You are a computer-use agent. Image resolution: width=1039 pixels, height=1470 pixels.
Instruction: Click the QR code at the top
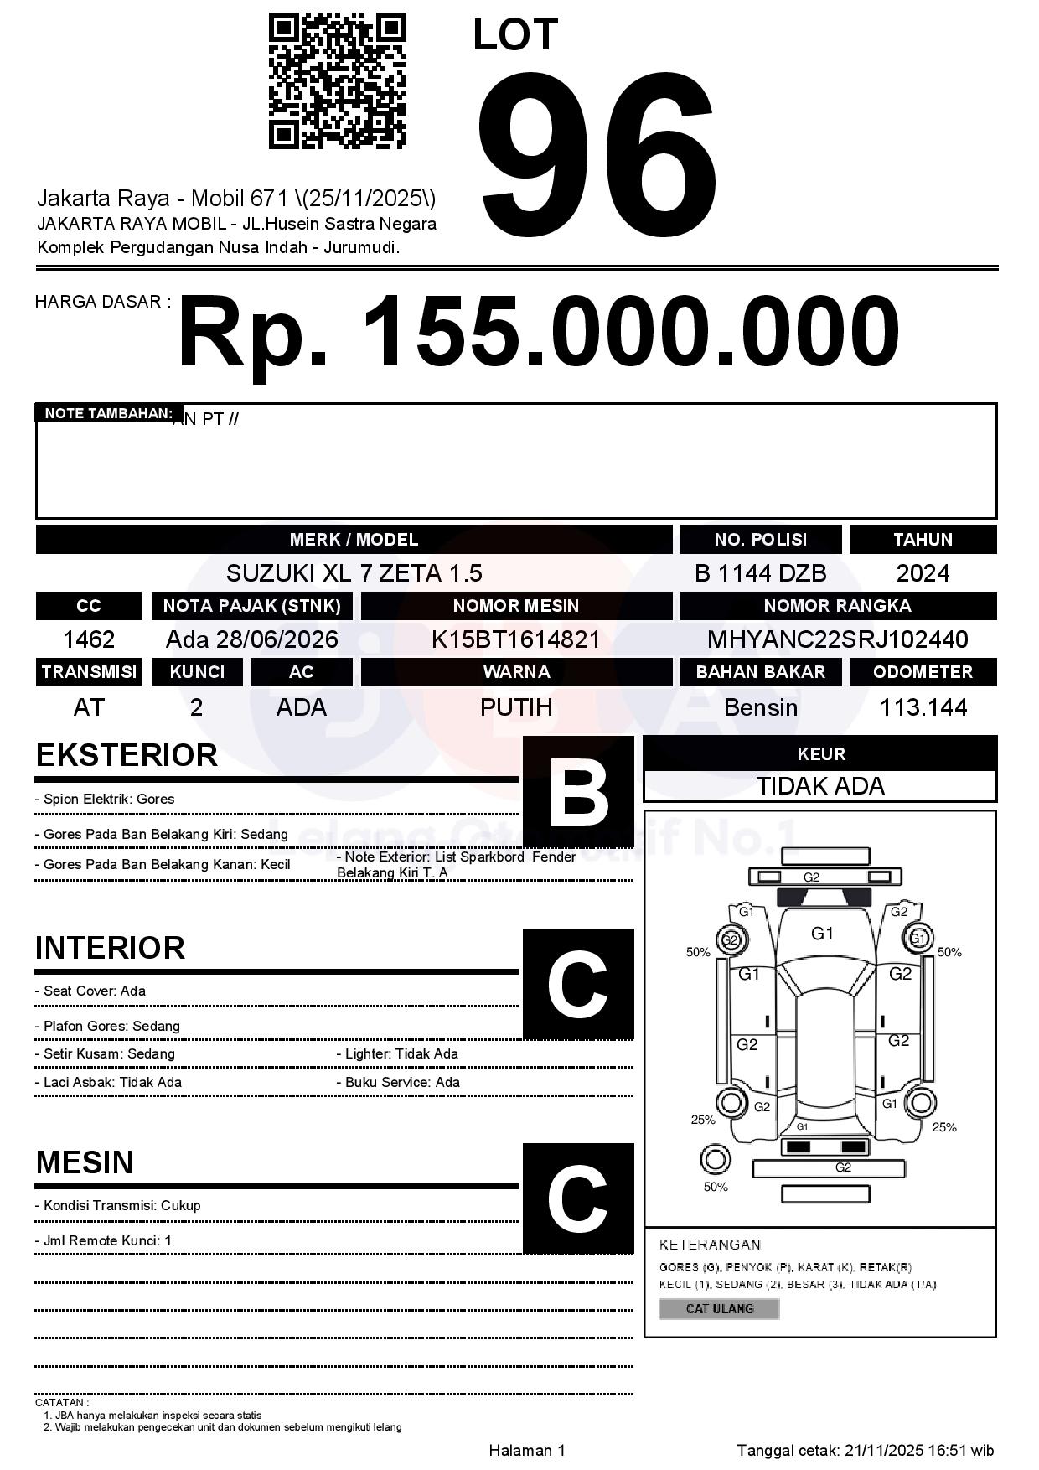pyautogui.click(x=337, y=81)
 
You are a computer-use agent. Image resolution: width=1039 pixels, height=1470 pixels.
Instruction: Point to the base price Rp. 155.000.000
pyautogui.click(x=538, y=333)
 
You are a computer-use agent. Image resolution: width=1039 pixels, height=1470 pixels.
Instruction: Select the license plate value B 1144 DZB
pyautogui.click(x=760, y=573)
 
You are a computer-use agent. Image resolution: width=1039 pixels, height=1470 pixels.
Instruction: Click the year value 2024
pyautogui.click(x=923, y=573)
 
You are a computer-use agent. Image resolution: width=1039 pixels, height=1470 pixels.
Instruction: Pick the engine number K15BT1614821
pyautogui.click(x=516, y=639)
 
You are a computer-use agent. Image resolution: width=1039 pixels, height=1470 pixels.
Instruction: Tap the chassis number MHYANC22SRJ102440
pyautogui.click(x=837, y=639)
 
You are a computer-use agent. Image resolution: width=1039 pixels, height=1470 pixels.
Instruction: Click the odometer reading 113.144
pyautogui.click(x=923, y=707)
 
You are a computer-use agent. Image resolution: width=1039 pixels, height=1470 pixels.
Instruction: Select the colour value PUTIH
pyautogui.click(x=516, y=707)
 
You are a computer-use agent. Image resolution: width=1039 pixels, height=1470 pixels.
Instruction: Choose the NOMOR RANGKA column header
pyautogui.click(x=837, y=606)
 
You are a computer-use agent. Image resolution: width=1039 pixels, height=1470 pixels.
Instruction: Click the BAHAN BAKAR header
pyautogui.click(x=760, y=672)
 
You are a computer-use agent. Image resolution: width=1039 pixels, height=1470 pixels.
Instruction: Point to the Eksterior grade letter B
pyautogui.click(x=578, y=791)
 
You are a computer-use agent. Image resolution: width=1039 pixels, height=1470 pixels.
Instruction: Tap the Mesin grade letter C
pyautogui.click(x=578, y=1198)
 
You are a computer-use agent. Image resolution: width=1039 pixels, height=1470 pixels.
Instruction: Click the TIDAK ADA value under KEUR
pyautogui.click(x=820, y=786)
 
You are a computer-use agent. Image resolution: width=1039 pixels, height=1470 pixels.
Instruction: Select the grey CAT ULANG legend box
pyautogui.click(x=719, y=1308)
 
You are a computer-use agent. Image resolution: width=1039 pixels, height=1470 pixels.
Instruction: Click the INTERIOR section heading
pyautogui.click(x=110, y=948)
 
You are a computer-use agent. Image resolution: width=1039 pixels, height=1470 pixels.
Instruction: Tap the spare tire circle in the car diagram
pyautogui.click(x=715, y=1160)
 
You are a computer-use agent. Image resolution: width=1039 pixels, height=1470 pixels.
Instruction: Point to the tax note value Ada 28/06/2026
pyautogui.click(x=251, y=639)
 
